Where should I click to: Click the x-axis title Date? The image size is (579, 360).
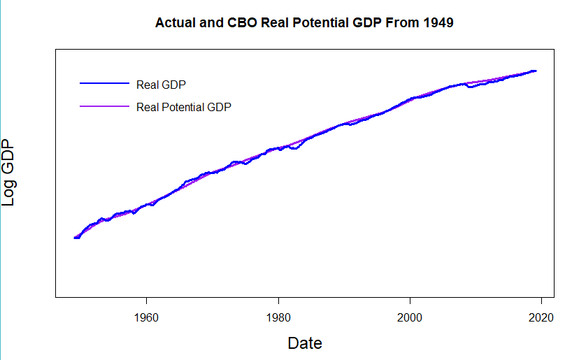(x=305, y=343)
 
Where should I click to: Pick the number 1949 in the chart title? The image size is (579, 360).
(x=438, y=23)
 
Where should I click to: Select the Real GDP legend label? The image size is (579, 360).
(x=161, y=85)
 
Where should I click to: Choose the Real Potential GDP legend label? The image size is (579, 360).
(x=184, y=107)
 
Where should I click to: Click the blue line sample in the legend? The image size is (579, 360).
(x=105, y=84)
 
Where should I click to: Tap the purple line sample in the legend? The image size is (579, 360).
(x=105, y=106)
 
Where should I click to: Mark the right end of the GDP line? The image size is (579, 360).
(x=536, y=71)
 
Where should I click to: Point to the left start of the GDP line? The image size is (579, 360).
(x=75, y=238)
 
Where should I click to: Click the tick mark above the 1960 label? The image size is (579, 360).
(x=146, y=301)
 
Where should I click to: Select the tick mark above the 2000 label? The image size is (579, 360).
(x=410, y=301)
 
